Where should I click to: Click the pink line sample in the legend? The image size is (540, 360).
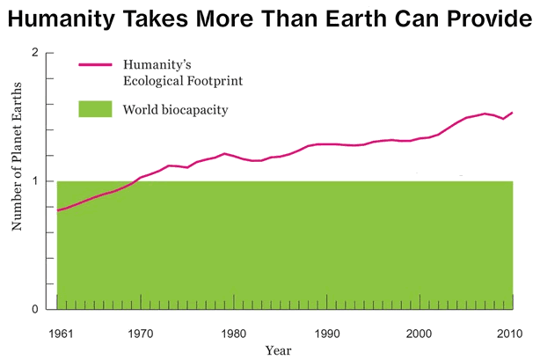click(x=96, y=65)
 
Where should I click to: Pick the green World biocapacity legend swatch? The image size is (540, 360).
click(x=96, y=109)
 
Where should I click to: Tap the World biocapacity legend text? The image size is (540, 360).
click(x=176, y=110)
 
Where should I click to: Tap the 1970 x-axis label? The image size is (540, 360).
click(x=140, y=334)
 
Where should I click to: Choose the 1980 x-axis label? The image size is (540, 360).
click(x=233, y=334)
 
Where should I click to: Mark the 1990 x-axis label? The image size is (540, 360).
click(x=326, y=334)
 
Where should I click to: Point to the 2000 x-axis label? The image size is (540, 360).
click(x=420, y=334)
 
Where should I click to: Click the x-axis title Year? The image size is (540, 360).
click(x=278, y=349)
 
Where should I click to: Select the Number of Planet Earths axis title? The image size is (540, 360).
click(x=16, y=181)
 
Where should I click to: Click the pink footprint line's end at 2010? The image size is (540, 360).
click(x=513, y=113)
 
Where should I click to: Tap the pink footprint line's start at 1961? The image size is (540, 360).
click(x=58, y=210)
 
